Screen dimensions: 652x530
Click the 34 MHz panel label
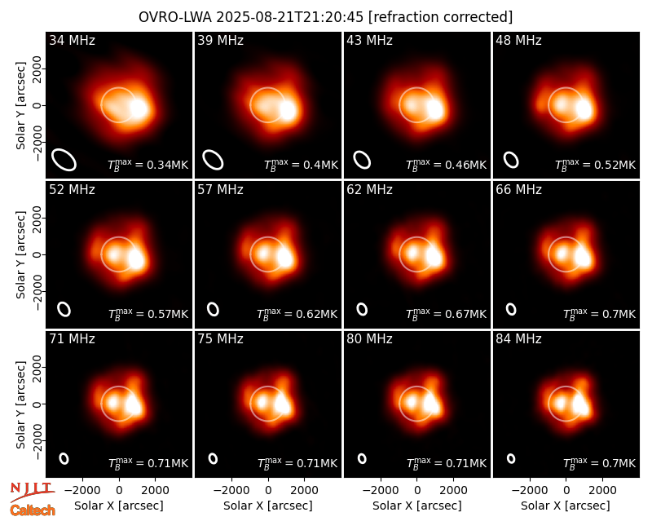[x=72, y=40]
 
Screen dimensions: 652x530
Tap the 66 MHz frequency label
[x=518, y=190]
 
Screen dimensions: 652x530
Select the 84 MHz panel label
[x=518, y=339]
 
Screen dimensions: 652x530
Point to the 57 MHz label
[x=220, y=190]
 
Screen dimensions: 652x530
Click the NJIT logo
[x=32, y=491]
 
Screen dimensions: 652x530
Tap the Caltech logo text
[x=33, y=510]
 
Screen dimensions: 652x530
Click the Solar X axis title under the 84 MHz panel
[x=566, y=506]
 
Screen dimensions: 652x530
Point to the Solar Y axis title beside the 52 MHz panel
[x=20, y=254]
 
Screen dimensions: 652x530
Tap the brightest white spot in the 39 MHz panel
[x=288, y=110]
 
